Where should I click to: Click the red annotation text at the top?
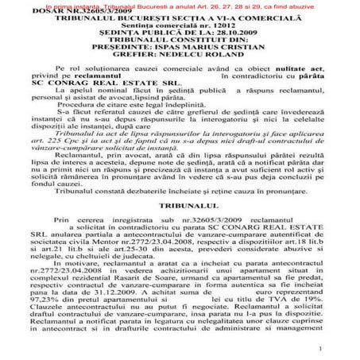point(180,5)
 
